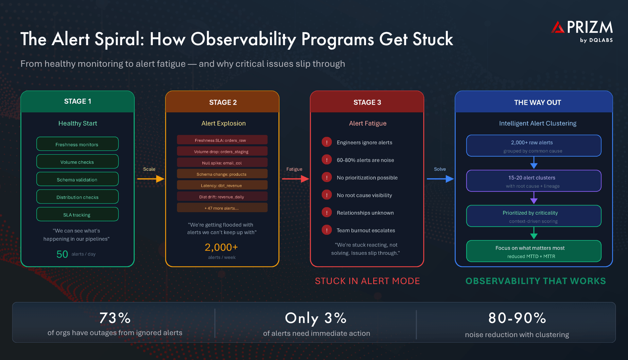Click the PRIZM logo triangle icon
coord(558,27)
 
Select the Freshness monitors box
coord(77,144)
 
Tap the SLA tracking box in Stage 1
coord(77,214)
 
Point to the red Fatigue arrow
coord(295,179)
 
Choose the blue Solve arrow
coord(440,179)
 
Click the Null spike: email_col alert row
coord(222,163)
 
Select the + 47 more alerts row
coord(222,208)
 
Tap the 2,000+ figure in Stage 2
coord(221,247)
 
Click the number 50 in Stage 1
coord(62,254)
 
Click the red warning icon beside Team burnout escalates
coord(326,230)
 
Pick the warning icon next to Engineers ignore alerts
coord(326,142)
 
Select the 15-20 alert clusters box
coord(533,181)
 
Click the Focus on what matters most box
coord(533,251)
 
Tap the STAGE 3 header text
coord(367,102)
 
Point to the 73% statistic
coord(115,318)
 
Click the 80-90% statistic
coord(517,318)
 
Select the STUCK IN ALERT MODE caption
coord(367,281)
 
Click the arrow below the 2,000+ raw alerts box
coord(534,163)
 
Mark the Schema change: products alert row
coord(222,174)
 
